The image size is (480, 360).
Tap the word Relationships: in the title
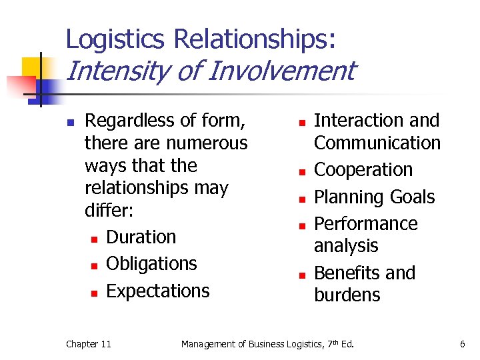click(x=255, y=39)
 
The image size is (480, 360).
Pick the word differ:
click(x=109, y=211)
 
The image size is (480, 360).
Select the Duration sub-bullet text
click(x=141, y=237)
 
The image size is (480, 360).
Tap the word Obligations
click(x=151, y=264)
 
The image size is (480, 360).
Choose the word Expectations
click(x=157, y=291)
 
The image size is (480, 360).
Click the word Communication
click(x=377, y=143)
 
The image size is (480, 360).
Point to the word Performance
click(x=365, y=223)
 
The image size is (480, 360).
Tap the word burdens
click(x=347, y=295)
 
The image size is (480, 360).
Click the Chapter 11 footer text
click(x=88, y=344)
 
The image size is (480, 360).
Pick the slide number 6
click(x=461, y=344)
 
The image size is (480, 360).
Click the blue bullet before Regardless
click(x=69, y=123)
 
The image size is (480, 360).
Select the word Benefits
click(x=347, y=273)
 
